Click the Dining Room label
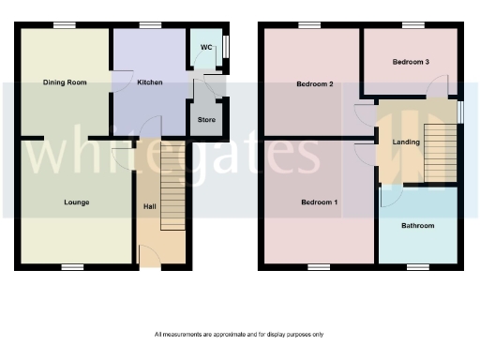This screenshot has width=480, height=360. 65,82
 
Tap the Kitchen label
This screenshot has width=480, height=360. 150,82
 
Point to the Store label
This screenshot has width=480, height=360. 205,119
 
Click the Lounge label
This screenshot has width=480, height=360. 77,202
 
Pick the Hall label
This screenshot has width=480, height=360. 149,206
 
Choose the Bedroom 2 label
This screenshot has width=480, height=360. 315,83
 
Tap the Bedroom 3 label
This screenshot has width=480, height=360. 411,62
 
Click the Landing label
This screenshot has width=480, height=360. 406,142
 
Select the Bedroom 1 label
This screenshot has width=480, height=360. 320,202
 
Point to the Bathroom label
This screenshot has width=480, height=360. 417,225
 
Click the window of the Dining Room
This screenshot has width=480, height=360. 65,24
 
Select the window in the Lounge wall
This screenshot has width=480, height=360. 73,267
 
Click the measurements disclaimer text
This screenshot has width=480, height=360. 239,335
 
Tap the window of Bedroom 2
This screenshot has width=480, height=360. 309,24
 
